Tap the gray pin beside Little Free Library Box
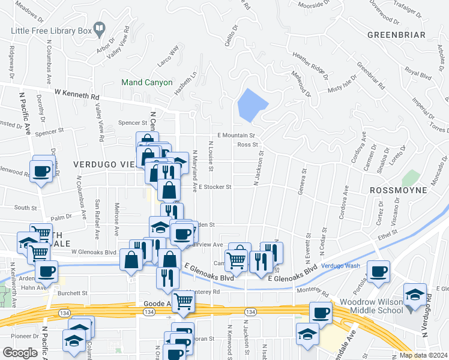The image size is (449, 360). point(100,27)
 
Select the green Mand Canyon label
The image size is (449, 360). point(146,82)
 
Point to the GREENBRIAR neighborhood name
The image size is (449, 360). point(396,35)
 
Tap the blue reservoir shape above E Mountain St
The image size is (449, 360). point(252,105)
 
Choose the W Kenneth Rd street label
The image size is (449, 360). point(77,94)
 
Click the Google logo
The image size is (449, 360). point(20,352)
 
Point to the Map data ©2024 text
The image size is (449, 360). point(421,355)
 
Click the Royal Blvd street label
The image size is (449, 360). point(418,74)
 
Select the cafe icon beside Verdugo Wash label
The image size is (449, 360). point(379,272)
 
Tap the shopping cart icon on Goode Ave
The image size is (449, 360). point(184,302)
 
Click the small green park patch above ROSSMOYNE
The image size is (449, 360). point(411,178)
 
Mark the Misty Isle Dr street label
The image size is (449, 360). point(342,84)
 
